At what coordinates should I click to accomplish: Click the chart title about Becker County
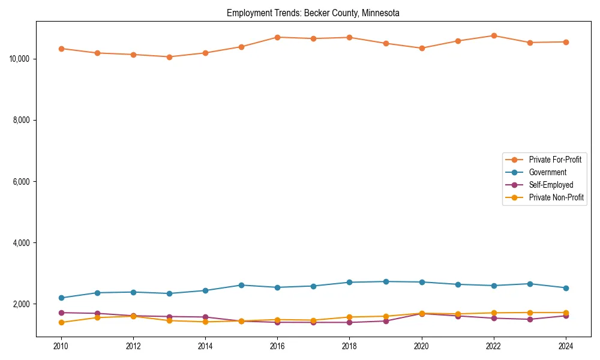tap(313, 13)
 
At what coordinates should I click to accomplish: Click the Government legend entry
tap(547, 172)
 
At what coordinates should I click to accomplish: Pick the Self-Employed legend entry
tap(551, 185)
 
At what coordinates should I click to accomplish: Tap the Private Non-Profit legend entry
tap(556, 197)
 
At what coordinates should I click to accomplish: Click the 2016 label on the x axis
tap(277, 346)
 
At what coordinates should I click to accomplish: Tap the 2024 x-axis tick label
tap(566, 346)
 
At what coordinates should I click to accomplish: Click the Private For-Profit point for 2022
tap(494, 35)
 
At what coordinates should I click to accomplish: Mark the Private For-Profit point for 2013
tap(169, 57)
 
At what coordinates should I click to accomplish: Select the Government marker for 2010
tap(61, 298)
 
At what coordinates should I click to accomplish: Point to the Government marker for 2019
tap(386, 281)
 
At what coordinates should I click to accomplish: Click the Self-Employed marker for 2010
tap(61, 313)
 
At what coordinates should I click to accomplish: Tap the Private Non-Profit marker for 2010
tap(61, 322)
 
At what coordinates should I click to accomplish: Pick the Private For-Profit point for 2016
tap(277, 37)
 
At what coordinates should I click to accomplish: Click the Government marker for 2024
tap(566, 288)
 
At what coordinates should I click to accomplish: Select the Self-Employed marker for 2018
tap(350, 322)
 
